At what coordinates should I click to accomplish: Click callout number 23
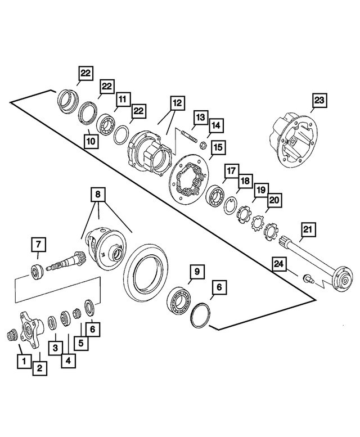pyautogui.click(x=320, y=101)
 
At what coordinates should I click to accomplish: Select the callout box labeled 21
pyautogui.click(x=309, y=229)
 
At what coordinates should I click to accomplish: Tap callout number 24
pyautogui.click(x=280, y=263)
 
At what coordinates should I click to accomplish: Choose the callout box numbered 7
pyautogui.click(x=38, y=246)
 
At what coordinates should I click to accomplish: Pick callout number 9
pyautogui.click(x=197, y=272)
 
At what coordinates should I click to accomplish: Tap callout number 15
pyautogui.click(x=218, y=147)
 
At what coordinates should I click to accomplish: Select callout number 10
pyautogui.click(x=91, y=141)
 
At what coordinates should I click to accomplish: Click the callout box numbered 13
pyautogui.click(x=201, y=117)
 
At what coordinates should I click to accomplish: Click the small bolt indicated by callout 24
pyautogui.click(x=308, y=277)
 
